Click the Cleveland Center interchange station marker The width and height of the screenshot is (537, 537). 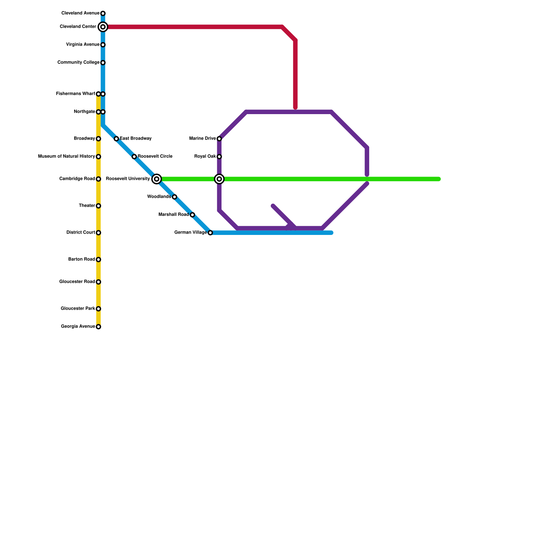click(x=103, y=27)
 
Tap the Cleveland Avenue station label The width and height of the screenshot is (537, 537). click(x=80, y=13)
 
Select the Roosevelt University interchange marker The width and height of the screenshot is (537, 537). click(x=156, y=179)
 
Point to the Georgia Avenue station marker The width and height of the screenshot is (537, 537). click(x=98, y=327)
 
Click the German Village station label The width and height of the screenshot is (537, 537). click(x=190, y=233)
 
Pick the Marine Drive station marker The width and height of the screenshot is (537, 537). click(x=219, y=139)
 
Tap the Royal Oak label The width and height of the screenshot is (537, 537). click(x=205, y=156)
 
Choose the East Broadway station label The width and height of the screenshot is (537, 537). click(x=136, y=139)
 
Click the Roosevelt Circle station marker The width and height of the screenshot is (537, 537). click(x=134, y=157)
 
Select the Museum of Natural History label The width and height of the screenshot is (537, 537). click(x=66, y=156)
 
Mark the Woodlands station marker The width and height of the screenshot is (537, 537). click(x=175, y=197)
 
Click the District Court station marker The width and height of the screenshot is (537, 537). click(x=98, y=233)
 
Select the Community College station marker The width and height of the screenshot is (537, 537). click(x=103, y=63)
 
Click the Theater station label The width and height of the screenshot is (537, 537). click(x=87, y=206)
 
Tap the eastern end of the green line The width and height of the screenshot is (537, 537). click(x=439, y=179)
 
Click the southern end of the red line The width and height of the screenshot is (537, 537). click(x=295, y=108)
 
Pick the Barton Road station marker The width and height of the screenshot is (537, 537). click(x=98, y=259)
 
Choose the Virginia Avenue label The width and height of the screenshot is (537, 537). click(x=83, y=45)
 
